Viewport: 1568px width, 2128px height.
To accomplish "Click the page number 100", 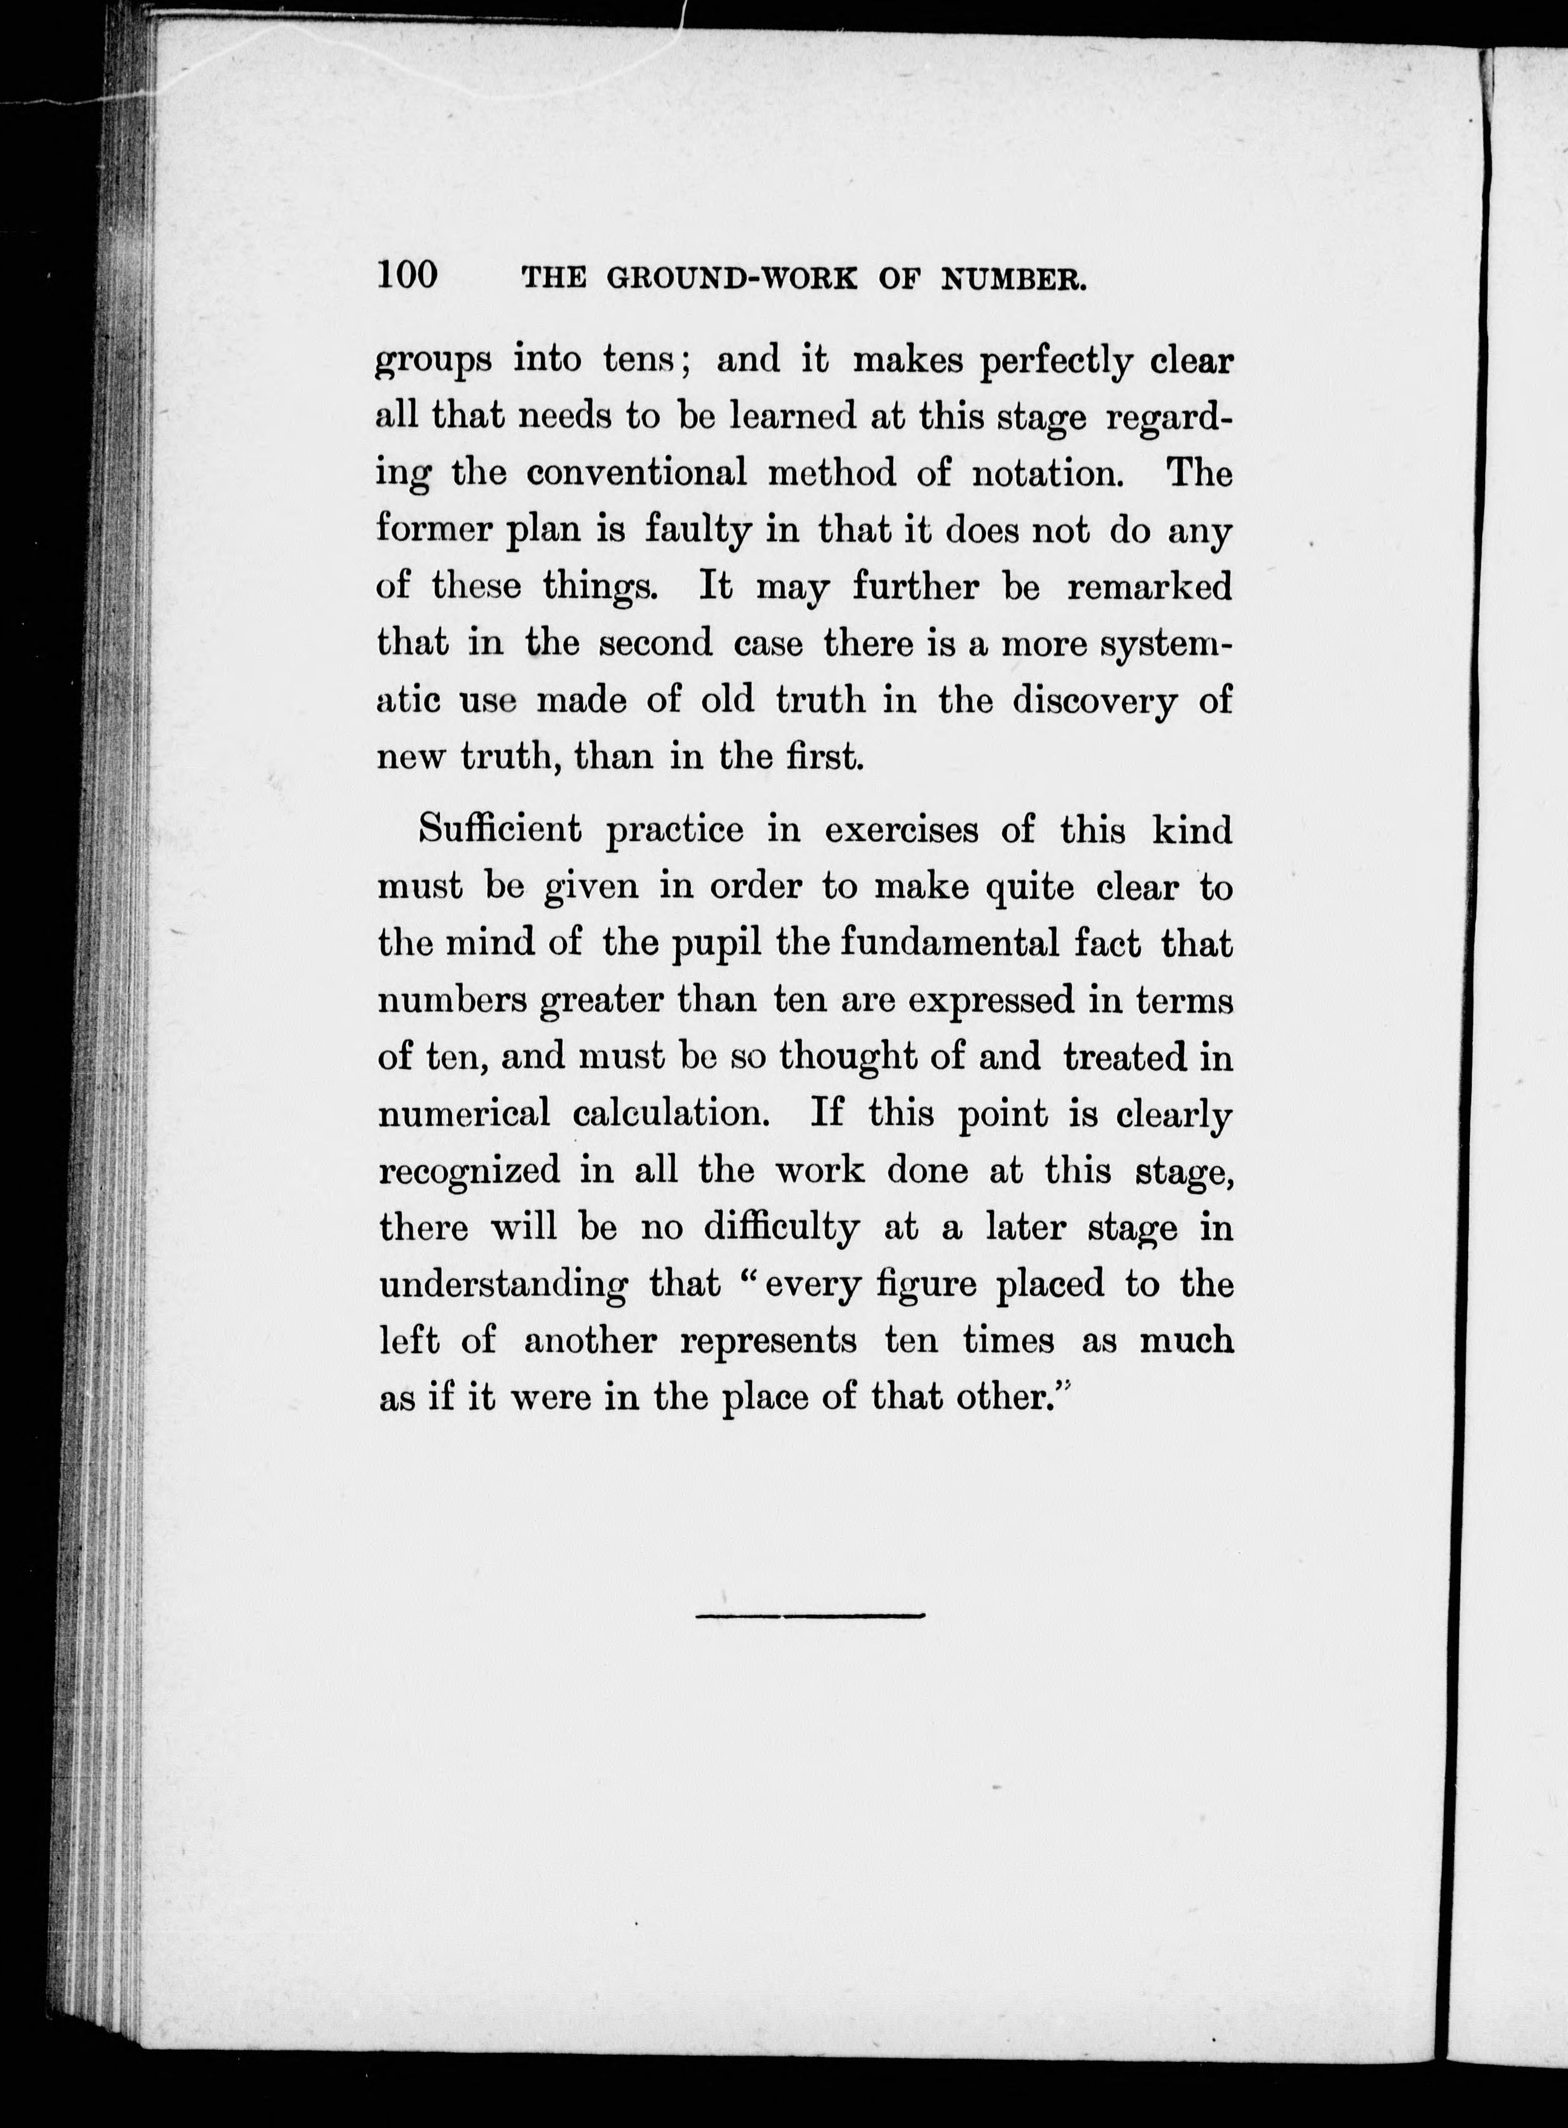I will pyautogui.click(x=407, y=274).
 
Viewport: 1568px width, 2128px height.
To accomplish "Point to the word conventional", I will pyautogui.click(x=636, y=472).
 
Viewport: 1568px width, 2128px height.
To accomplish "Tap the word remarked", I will pyautogui.click(x=1149, y=586).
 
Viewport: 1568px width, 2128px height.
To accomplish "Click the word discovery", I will pyautogui.click(x=1094, y=700).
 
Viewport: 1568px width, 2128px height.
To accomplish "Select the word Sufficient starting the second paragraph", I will pyautogui.click(x=499, y=830).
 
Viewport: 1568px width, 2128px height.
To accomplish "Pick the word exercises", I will pyautogui.click(x=901, y=830).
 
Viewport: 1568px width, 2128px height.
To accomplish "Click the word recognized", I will pyautogui.click(x=470, y=1169).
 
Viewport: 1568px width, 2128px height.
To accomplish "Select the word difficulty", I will pyautogui.click(x=781, y=1227).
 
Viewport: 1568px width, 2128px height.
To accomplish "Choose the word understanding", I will pyautogui.click(x=503, y=1284).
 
